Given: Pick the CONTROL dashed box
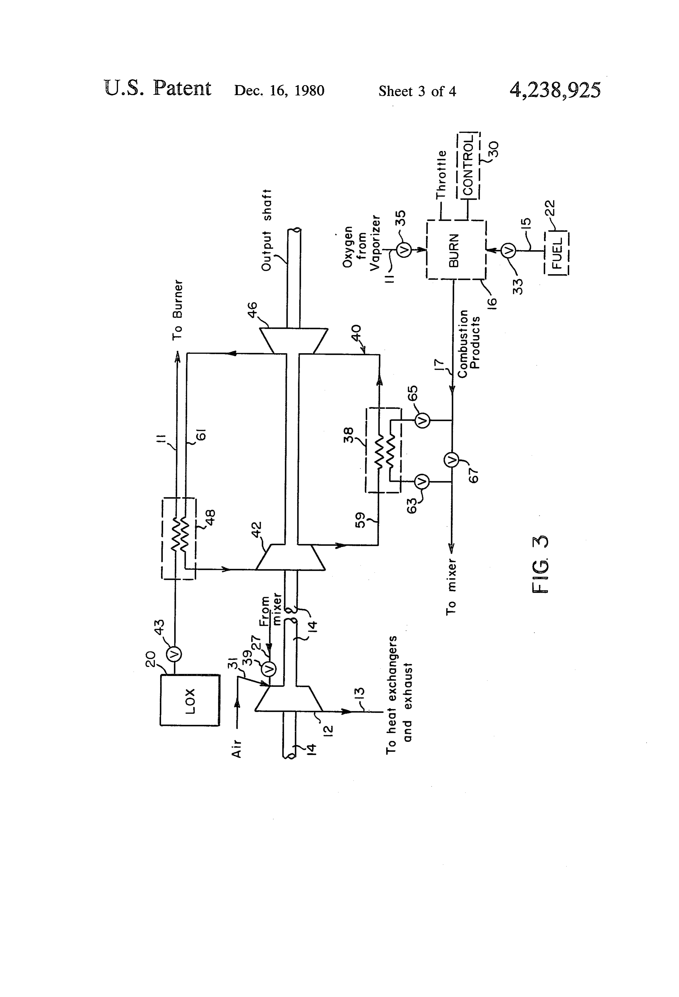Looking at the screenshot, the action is click(x=468, y=166).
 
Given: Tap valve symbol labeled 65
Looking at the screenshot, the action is click(x=422, y=420).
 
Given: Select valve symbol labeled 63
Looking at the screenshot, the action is click(x=422, y=482).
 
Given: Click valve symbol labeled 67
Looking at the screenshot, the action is click(x=452, y=460).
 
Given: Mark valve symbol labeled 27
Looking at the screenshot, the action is click(x=269, y=668).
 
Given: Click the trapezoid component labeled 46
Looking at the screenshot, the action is click(x=294, y=341).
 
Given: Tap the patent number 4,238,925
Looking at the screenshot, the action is click(x=555, y=90).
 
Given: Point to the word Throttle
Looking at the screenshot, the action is click(x=442, y=175).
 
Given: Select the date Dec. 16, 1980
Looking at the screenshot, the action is click(x=279, y=90).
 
